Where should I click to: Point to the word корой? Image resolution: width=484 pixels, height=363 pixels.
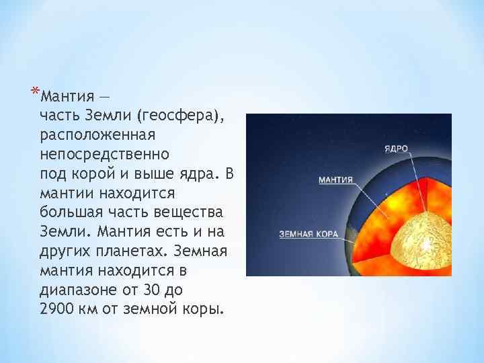tap(93, 174)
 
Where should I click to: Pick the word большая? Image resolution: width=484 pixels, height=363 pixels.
tap(69, 213)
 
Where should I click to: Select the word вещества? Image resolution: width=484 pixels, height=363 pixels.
tap(190, 213)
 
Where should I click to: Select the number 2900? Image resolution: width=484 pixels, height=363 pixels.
tap(56, 311)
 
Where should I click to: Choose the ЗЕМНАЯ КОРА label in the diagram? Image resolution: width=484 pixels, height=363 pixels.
tap(309, 234)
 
